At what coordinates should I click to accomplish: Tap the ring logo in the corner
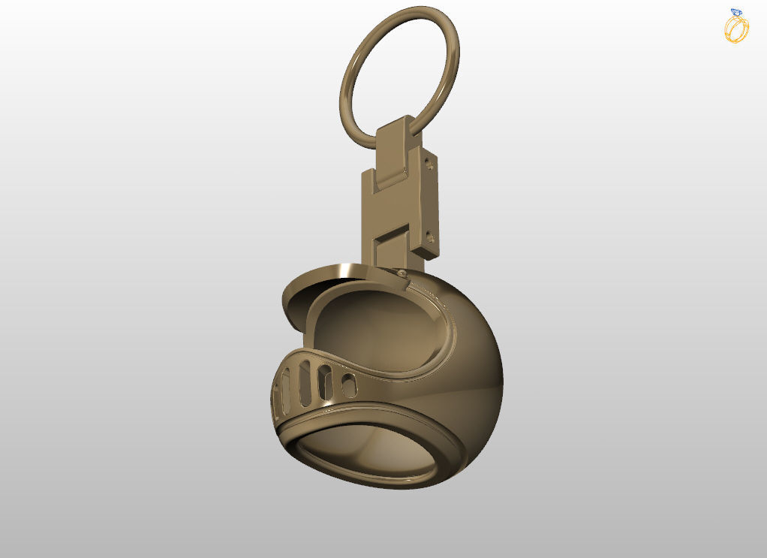pyautogui.click(x=736, y=26)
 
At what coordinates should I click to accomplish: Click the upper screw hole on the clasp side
pyautogui.click(x=429, y=159)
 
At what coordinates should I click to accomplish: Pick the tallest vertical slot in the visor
pyautogui.click(x=305, y=379)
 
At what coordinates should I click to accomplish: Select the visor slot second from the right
pyautogui.click(x=325, y=382)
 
